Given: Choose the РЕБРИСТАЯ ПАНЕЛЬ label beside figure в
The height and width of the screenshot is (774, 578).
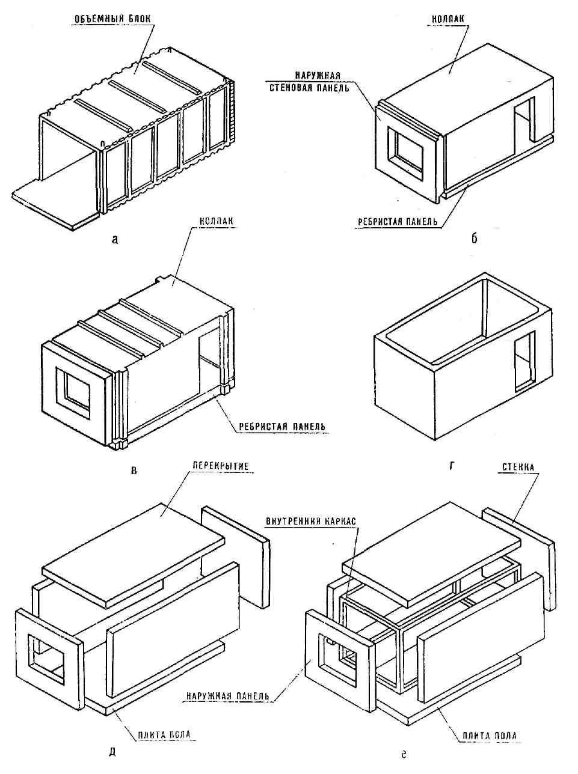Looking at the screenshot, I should tap(282, 427).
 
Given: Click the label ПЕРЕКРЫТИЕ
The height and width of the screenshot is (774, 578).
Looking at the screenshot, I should tap(221, 466).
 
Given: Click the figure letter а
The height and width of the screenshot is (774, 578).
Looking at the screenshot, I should tap(115, 240).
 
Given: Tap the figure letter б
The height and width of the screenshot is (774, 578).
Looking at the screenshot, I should tap(474, 239).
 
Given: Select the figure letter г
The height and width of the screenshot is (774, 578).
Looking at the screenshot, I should tap(451, 465).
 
